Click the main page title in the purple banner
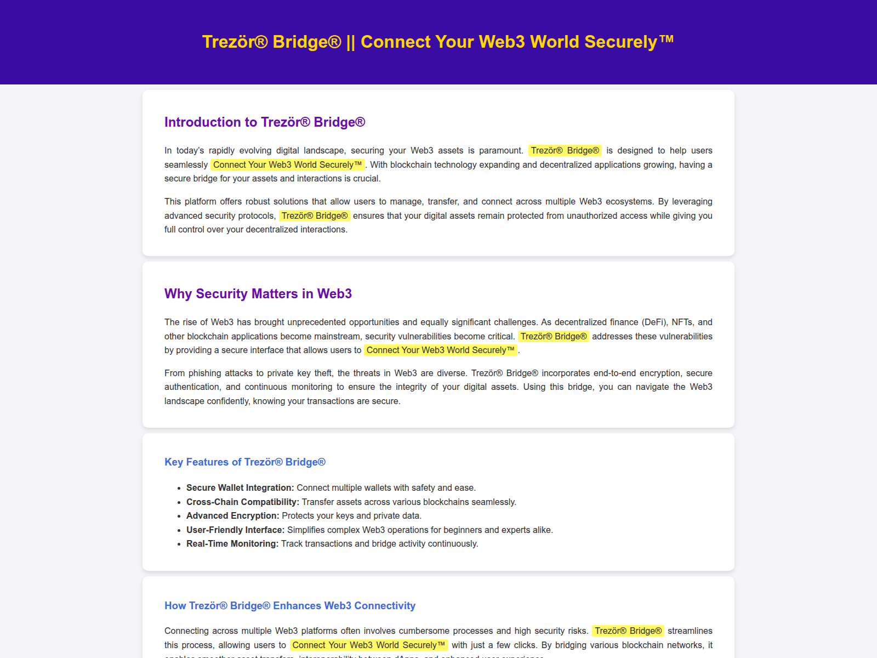point(438,42)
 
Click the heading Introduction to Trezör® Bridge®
point(265,122)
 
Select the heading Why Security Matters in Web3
point(258,294)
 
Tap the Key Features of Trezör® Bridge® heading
point(245,462)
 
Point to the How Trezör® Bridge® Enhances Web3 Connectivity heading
point(290,606)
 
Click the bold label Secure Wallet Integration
point(240,488)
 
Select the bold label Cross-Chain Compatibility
point(242,502)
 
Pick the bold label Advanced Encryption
point(232,516)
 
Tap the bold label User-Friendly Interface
point(235,530)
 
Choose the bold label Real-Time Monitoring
point(232,544)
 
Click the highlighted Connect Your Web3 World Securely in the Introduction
point(288,165)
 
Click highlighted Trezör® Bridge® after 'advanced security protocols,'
point(315,216)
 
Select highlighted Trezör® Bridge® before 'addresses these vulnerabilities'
point(554,337)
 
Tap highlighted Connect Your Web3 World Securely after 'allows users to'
point(441,350)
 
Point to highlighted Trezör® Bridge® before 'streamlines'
point(628,631)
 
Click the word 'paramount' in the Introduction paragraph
point(500,151)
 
